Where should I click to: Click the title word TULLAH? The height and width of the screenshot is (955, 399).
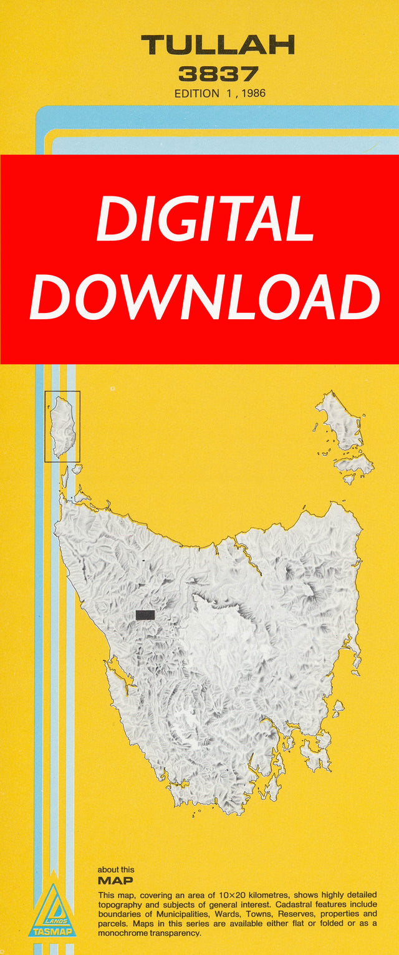pos(218,45)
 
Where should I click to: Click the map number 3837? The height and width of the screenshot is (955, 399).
pos(218,74)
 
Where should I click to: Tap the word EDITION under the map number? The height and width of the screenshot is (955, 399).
pos(197,94)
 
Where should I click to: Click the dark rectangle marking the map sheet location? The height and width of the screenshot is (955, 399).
pos(145,615)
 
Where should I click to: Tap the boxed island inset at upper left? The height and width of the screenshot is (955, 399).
pos(62,426)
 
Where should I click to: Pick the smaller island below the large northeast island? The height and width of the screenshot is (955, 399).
pos(353,464)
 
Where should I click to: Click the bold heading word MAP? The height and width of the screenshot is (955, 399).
pos(115,881)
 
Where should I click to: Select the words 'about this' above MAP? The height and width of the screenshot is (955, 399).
pos(116,870)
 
